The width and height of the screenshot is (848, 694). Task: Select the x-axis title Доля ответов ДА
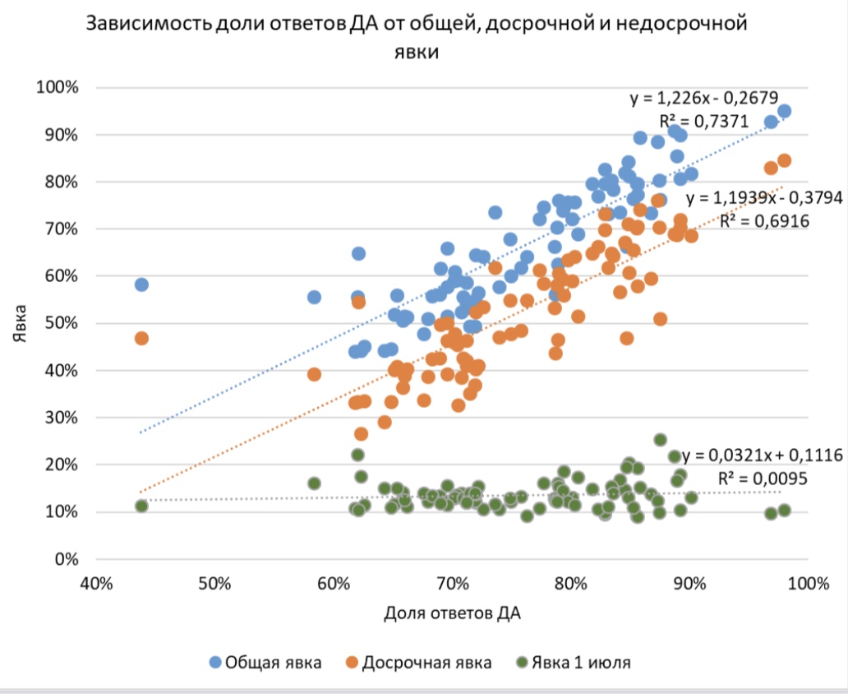452,613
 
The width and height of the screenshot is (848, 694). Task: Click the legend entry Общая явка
265,662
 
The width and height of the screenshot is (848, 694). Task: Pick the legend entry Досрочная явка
418,662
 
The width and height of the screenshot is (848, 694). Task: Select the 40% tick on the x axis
95,584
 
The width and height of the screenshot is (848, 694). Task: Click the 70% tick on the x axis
452,584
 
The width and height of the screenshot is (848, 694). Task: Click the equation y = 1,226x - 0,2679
703,99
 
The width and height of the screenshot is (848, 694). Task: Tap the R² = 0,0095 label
763,479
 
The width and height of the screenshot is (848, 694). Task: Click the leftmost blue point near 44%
141,285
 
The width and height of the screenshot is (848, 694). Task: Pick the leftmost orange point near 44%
141,339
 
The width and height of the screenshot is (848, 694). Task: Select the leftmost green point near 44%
141,506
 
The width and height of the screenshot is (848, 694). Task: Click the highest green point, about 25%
660,440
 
